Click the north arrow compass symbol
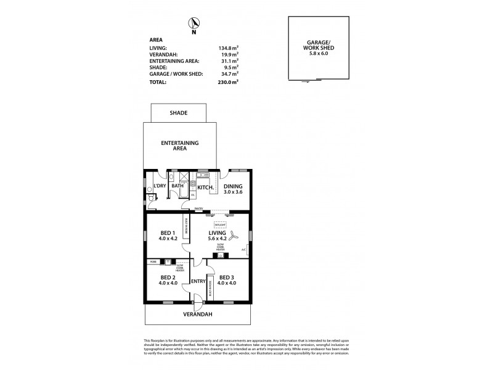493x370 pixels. (194, 23)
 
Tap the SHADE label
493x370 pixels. (178, 113)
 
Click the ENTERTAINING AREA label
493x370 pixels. (179, 146)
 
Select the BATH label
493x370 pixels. (177, 186)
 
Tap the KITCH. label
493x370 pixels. (205, 187)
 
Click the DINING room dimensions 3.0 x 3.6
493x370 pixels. (233, 192)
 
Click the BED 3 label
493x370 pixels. (227, 277)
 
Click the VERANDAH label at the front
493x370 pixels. (197, 314)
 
